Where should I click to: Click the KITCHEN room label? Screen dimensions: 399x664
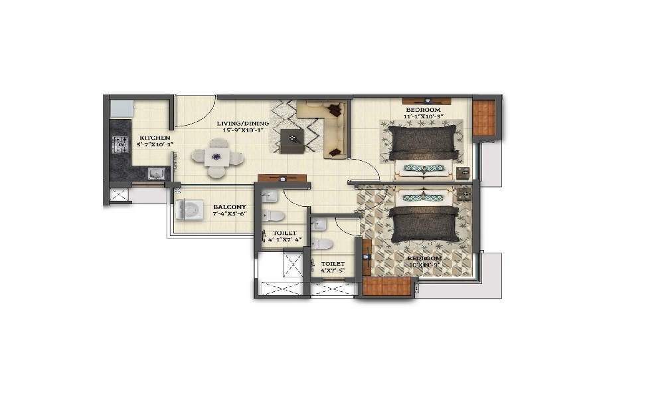(x=150, y=138)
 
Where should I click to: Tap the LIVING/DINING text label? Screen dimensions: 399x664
(x=243, y=124)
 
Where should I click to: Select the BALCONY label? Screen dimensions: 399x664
(x=230, y=207)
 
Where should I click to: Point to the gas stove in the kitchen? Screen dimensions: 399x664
(x=120, y=144)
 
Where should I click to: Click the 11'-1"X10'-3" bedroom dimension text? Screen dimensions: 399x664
(x=423, y=116)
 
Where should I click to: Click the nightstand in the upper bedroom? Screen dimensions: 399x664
(x=463, y=172)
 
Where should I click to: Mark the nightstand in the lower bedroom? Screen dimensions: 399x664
(x=465, y=194)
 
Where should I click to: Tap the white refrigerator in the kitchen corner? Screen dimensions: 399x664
(x=122, y=108)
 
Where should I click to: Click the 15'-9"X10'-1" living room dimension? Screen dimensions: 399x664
(x=243, y=130)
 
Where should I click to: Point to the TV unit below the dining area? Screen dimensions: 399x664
(x=282, y=178)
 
